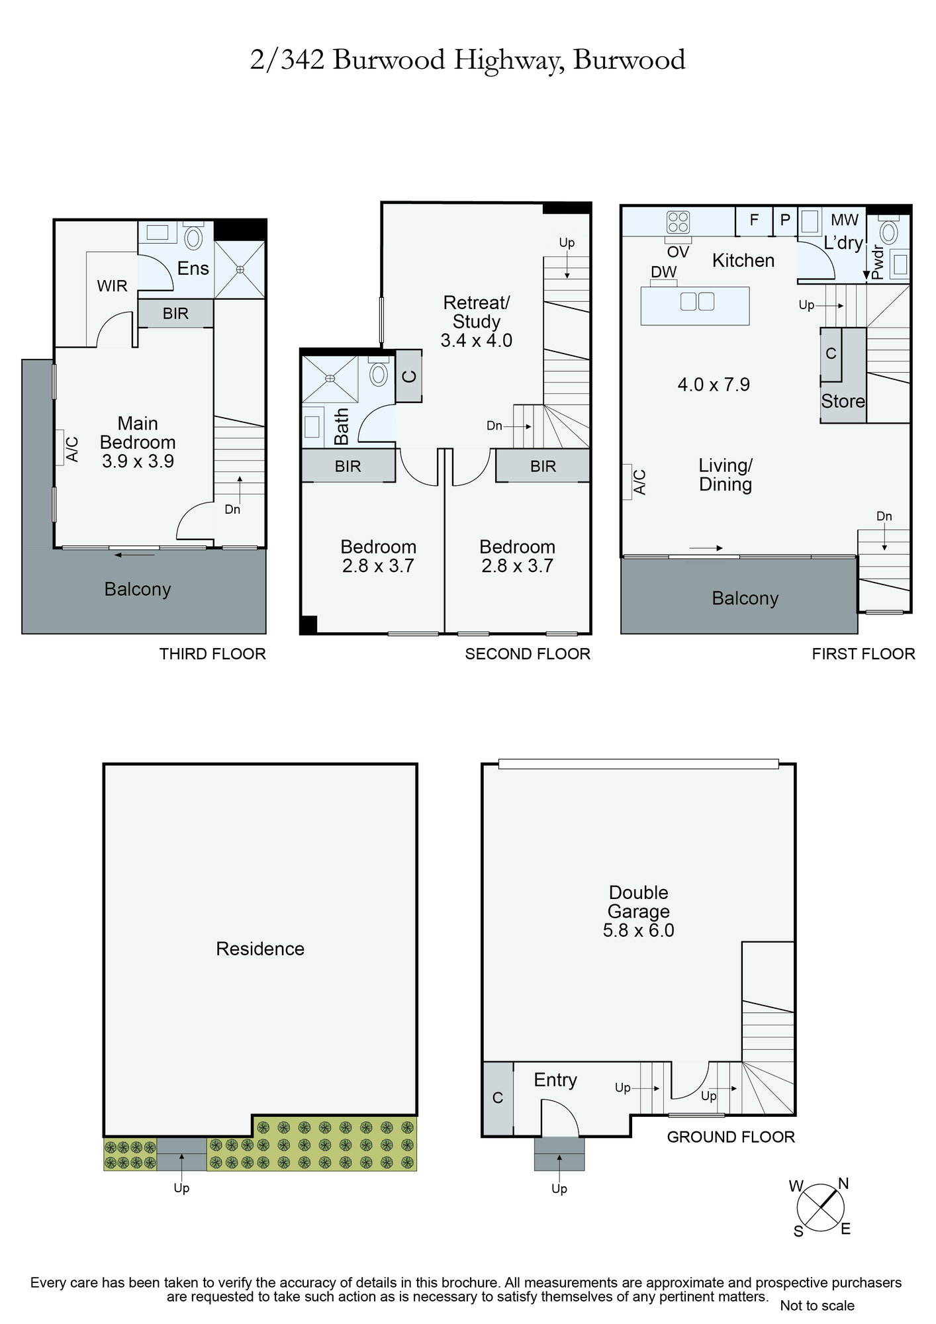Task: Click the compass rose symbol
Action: coord(820,1207)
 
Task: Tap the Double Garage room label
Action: coord(638,902)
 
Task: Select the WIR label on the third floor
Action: coord(112,286)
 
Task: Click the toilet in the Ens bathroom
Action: coord(193,236)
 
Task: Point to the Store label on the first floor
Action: coord(843,401)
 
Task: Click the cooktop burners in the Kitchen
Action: coord(678,222)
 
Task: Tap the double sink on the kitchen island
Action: coord(697,302)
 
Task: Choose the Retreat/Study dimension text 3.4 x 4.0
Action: coord(477,340)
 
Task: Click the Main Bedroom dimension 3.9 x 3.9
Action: coord(138,461)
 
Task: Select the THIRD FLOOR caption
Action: coord(212,654)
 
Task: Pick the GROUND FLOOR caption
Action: coord(731,1137)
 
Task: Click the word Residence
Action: coord(260,949)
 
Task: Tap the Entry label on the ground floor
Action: coord(555,1080)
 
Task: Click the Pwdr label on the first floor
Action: coord(877,262)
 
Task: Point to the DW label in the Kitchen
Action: coord(663,272)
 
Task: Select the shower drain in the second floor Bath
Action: coord(330,379)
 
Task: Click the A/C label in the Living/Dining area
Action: coord(639,482)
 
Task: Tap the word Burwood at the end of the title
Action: coord(629,60)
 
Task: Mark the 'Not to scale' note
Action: coord(817,1305)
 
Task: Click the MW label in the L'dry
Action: coord(845,220)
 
